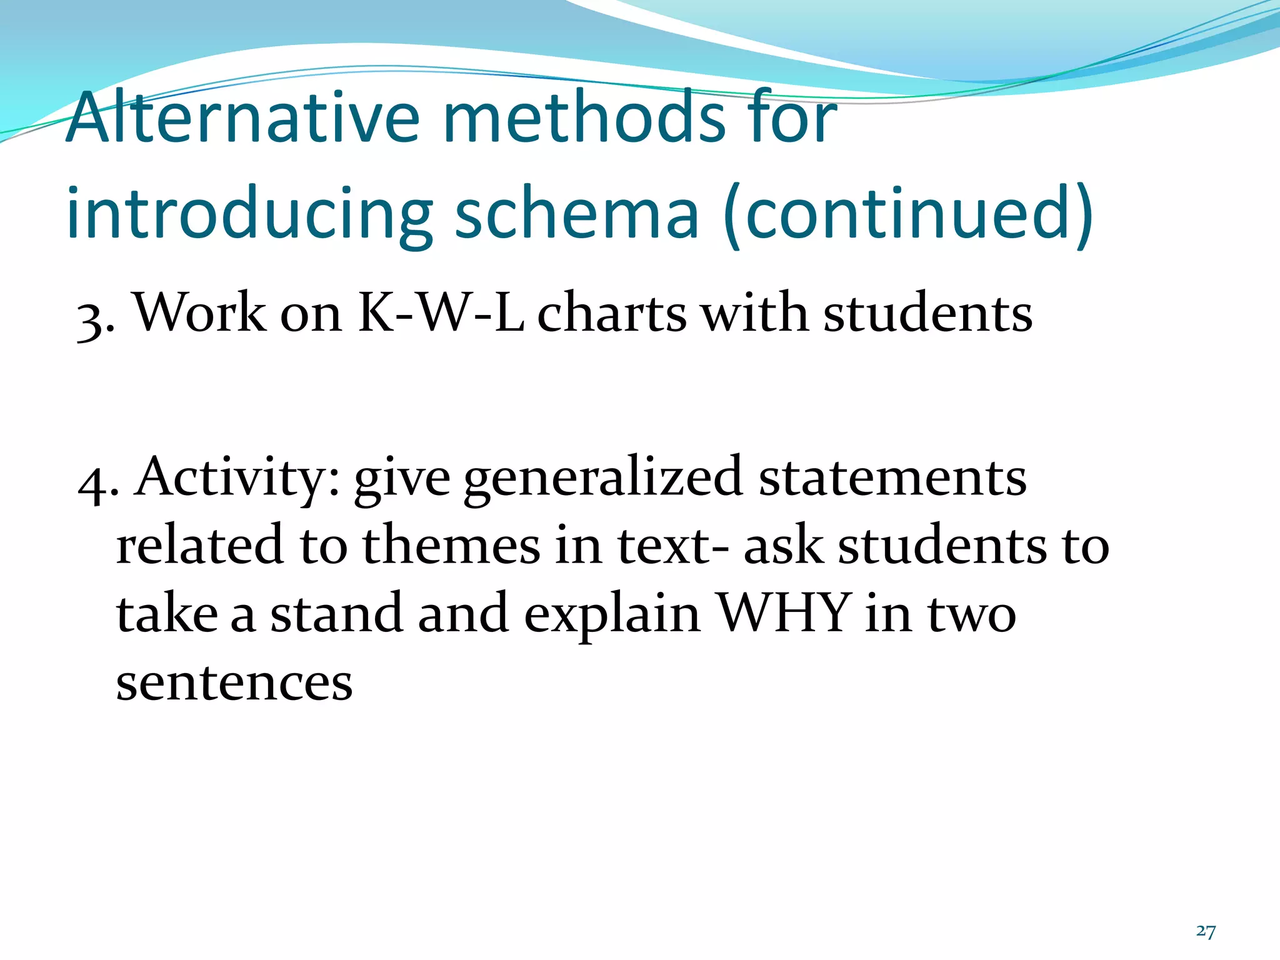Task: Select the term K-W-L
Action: [x=440, y=312]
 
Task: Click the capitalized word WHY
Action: [x=784, y=612]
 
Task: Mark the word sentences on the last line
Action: [x=234, y=682]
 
